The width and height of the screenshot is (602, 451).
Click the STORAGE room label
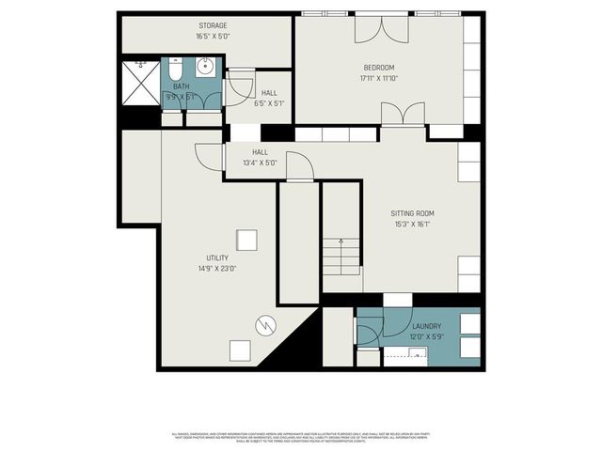tap(212, 25)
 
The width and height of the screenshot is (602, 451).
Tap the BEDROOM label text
tap(379, 67)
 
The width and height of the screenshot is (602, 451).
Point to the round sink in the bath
tap(206, 67)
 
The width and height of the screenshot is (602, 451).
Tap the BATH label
tap(181, 86)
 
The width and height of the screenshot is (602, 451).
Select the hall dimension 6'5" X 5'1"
tap(268, 103)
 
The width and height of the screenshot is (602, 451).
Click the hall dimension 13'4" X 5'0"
tap(260, 163)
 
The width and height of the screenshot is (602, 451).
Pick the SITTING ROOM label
tap(412, 213)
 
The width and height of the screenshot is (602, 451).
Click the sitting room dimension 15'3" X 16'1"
tap(412, 225)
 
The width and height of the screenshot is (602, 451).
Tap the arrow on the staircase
tap(341, 254)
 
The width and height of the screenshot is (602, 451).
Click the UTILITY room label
tap(217, 257)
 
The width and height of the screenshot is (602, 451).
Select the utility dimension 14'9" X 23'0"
tap(217, 269)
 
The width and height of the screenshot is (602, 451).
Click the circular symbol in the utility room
tap(266, 325)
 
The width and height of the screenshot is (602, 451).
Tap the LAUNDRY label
tap(426, 326)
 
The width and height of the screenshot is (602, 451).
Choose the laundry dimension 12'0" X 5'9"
tap(426, 336)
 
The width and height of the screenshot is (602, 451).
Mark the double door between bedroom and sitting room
tap(402, 115)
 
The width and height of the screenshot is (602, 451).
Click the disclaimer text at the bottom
tap(301, 437)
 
